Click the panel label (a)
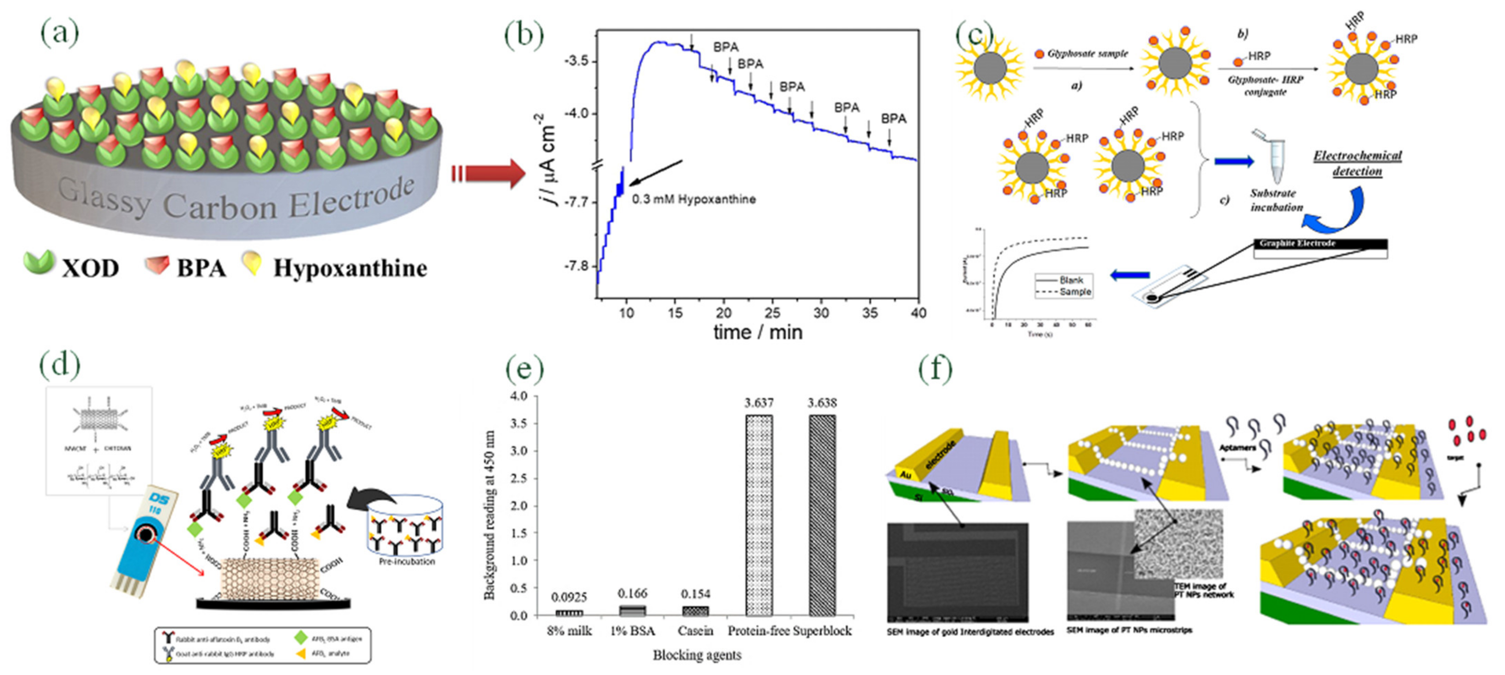[x=59, y=33]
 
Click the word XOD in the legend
[x=90, y=268]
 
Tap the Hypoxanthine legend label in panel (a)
[x=350, y=268]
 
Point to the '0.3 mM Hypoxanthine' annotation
[x=693, y=199]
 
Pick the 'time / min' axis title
[x=758, y=332]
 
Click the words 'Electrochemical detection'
[x=1357, y=163]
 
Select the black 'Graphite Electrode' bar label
[x=1297, y=243]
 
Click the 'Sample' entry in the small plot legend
[x=1075, y=292]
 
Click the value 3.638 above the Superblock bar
[x=822, y=403]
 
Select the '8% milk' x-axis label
[x=569, y=631]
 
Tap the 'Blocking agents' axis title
[x=697, y=655]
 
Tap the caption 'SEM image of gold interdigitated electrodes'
[x=970, y=632]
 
